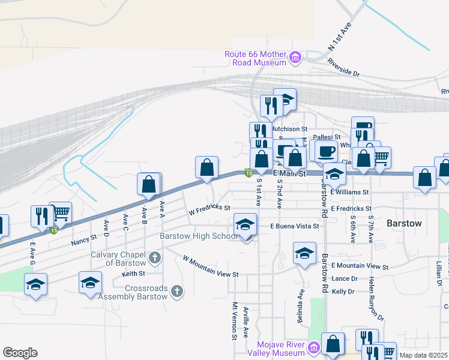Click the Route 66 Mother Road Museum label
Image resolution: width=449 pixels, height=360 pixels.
click(x=255, y=58)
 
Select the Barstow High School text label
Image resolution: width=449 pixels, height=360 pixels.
click(x=199, y=236)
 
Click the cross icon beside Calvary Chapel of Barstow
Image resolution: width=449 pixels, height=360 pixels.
click(x=155, y=259)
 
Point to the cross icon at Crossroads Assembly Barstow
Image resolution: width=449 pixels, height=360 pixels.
click(x=176, y=292)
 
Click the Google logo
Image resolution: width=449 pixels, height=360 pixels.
click(x=20, y=353)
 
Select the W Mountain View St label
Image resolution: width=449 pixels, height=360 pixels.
click(x=211, y=266)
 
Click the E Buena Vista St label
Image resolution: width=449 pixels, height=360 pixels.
click(x=294, y=227)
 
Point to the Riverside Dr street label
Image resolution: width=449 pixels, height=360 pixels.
click(x=343, y=67)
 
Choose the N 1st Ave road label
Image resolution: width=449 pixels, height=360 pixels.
click(x=339, y=38)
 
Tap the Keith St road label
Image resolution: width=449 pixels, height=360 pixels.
click(x=130, y=273)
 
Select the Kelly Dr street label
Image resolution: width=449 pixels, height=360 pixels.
click(x=343, y=292)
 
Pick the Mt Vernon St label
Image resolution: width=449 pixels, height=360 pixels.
click(x=235, y=321)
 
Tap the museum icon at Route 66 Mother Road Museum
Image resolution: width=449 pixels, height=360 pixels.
click(x=295, y=58)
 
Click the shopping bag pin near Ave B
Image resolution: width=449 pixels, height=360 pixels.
click(x=148, y=184)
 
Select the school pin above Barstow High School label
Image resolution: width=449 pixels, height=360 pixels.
click(x=244, y=224)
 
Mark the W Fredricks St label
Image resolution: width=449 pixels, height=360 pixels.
click(x=209, y=211)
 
